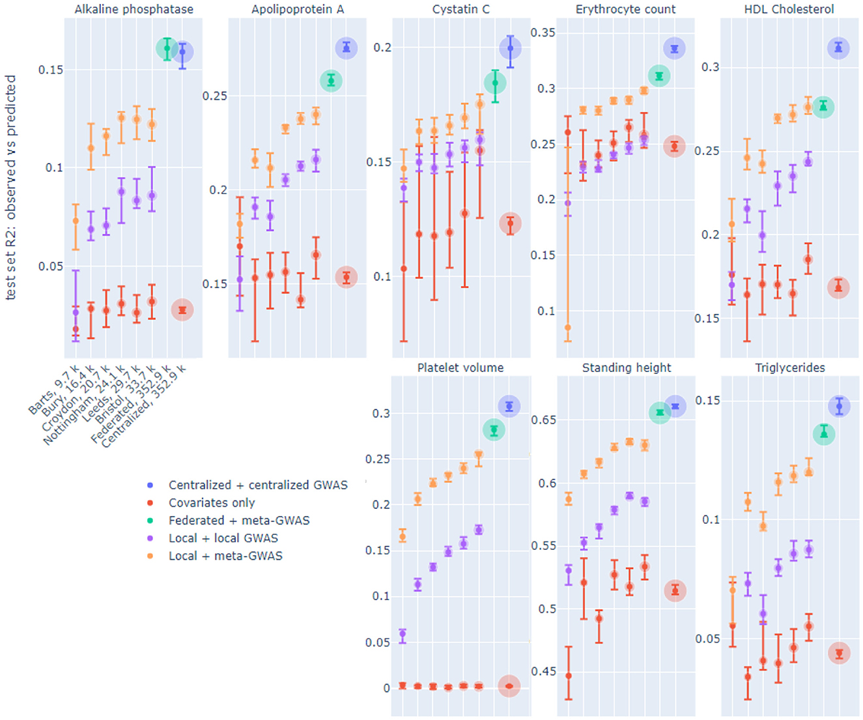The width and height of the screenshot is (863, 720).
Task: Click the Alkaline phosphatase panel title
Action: (x=134, y=9)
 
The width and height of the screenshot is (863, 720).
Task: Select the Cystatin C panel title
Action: (x=460, y=9)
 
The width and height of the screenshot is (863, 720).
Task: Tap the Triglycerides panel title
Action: (x=789, y=367)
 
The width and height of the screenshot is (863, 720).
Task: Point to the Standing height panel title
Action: (x=626, y=367)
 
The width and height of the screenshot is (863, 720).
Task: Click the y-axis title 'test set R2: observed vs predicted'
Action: (x=10, y=187)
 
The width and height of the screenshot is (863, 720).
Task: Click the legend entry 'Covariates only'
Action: (x=211, y=503)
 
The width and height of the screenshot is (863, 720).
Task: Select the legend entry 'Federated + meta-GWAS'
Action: (x=238, y=521)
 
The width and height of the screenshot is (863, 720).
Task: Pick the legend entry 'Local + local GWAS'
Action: (x=223, y=538)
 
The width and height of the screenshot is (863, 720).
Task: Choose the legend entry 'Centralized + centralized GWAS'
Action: (x=257, y=485)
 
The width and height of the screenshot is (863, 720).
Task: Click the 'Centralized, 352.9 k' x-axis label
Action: (x=143, y=405)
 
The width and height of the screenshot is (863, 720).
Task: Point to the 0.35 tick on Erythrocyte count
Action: (x=543, y=33)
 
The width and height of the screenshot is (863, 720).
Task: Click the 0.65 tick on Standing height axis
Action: (x=544, y=420)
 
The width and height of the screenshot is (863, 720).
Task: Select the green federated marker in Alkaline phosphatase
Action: (x=167, y=48)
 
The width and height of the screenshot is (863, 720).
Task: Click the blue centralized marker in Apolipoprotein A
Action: (x=347, y=48)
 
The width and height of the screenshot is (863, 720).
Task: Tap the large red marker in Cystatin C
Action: (x=511, y=223)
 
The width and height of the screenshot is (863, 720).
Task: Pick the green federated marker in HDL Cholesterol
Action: (x=824, y=107)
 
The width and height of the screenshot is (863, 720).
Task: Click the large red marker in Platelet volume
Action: (x=509, y=686)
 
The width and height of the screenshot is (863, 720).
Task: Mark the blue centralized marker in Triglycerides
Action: (x=840, y=407)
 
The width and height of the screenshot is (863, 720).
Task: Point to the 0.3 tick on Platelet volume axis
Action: (x=381, y=414)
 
